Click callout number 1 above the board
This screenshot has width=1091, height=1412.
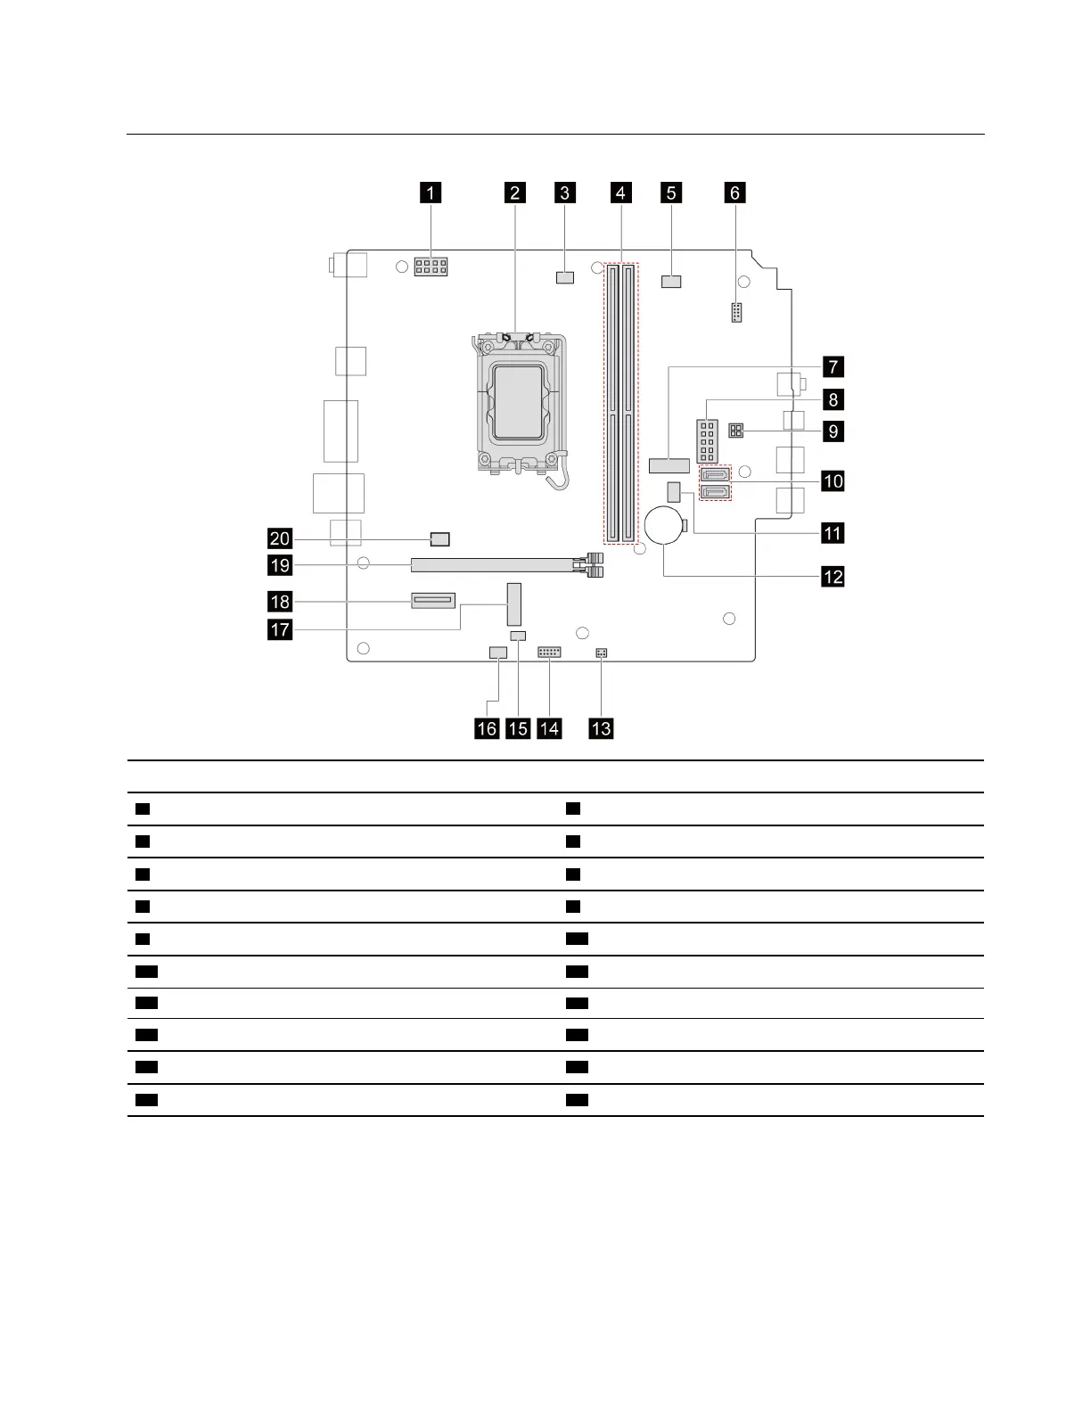coord(431,193)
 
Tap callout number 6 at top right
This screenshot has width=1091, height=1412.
coord(735,193)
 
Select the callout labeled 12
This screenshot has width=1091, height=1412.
coord(833,577)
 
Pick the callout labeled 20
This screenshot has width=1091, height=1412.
coord(280,538)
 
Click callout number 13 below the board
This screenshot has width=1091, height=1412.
coord(602,728)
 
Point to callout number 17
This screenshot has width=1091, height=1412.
coord(280,630)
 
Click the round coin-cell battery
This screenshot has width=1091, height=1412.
coord(665,527)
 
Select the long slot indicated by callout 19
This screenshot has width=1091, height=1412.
coord(495,565)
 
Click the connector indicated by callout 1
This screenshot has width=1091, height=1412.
coord(431,267)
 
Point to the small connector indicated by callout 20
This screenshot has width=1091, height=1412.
coord(440,538)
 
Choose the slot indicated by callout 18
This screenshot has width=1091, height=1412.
coord(433,601)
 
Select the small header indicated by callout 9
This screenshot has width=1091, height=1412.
coord(736,431)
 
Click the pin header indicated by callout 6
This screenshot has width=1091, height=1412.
coord(736,313)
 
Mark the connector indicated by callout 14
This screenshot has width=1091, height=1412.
coord(549,653)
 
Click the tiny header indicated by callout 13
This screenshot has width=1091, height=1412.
coord(602,653)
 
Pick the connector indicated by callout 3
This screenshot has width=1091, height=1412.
coord(564,277)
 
